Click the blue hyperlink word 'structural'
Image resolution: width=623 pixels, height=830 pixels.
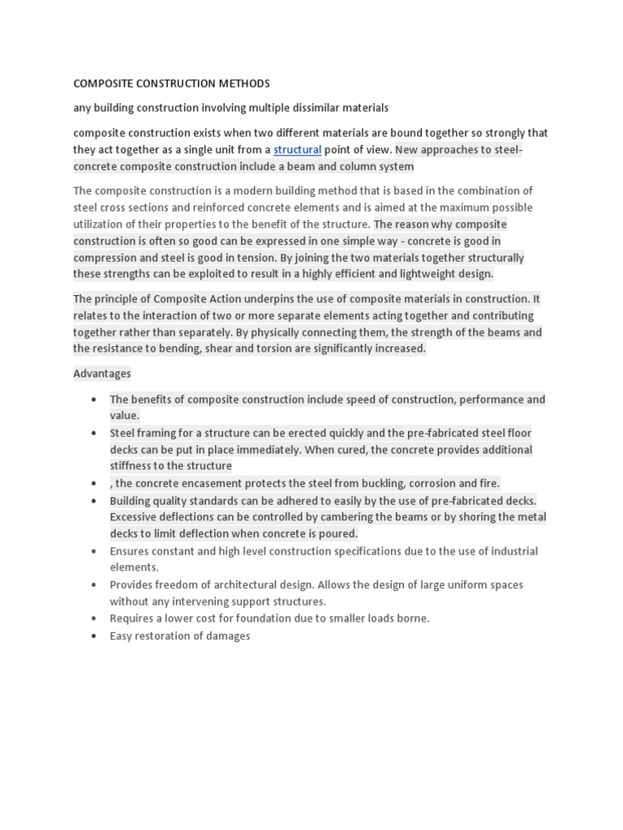298,150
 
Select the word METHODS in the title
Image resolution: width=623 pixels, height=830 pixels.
243,83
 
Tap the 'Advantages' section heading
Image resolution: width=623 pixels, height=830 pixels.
101,374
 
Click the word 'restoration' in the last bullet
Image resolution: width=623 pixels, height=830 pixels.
165,636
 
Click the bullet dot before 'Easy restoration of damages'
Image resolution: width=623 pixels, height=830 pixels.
95,636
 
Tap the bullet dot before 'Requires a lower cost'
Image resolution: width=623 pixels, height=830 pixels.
95,618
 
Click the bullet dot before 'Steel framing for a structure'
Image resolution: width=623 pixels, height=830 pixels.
95,434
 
